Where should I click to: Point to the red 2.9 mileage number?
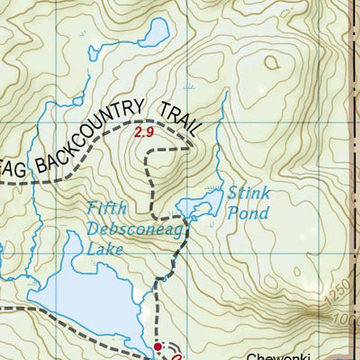tap(144, 132)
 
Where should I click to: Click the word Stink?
tap(244, 193)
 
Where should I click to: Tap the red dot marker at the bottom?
tap(157, 346)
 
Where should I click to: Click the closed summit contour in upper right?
tap(273, 63)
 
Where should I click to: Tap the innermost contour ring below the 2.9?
tap(144, 160)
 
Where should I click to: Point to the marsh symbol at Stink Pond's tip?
tap(213, 189)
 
